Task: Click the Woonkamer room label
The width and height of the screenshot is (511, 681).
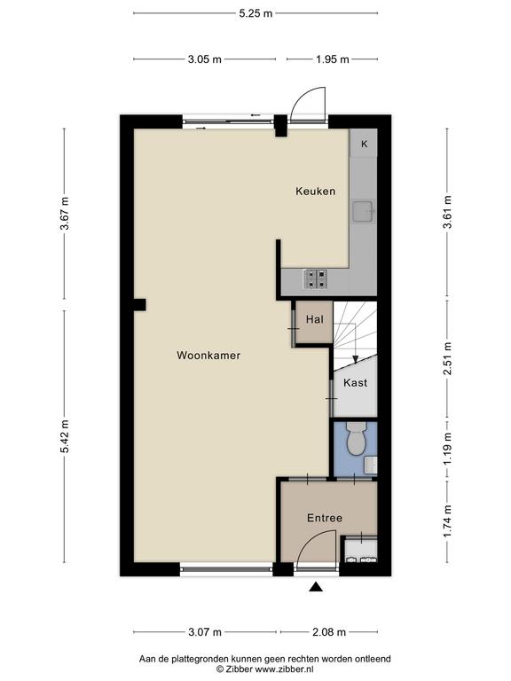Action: [x=208, y=356]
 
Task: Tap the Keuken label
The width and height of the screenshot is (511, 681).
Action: [x=316, y=192]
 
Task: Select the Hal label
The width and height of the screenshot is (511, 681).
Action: [x=315, y=319]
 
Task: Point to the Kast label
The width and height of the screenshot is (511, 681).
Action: [x=355, y=383]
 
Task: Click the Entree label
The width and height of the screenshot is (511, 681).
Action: [x=325, y=518]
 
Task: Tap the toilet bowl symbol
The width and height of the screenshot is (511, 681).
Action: [x=357, y=438]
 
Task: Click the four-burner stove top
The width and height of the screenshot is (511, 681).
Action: [x=315, y=279]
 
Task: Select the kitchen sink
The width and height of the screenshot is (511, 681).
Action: [x=363, y=211]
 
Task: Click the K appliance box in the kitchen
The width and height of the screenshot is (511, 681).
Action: [x=364, y=144]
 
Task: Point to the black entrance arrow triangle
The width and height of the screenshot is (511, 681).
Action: [x=316, y=587]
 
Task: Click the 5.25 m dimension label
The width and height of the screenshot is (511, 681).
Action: [x=255, y=13]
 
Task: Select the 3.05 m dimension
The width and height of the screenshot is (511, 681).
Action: [x=205, y=59]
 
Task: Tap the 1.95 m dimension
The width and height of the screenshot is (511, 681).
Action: [x=333, y=59]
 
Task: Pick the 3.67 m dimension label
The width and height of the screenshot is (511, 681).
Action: [x=64, y=213]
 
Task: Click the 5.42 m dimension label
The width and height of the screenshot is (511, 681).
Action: [x=64, y=436]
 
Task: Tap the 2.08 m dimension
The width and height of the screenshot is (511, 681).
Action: [x=329, y=632]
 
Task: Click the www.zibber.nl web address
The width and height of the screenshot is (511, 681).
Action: [x=284, y=669]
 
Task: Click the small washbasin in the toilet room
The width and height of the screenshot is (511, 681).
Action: [x=371, y=466]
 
